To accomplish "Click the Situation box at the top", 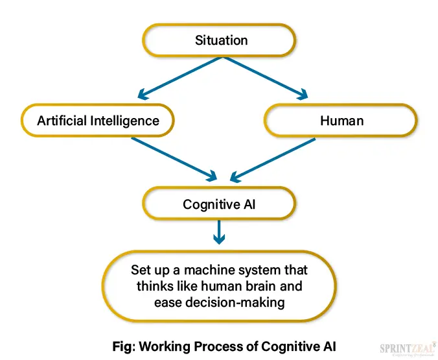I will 221,40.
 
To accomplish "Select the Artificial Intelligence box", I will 98,121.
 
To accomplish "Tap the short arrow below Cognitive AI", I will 220,232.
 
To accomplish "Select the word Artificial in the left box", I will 62,121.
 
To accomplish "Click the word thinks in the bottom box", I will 152,285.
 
